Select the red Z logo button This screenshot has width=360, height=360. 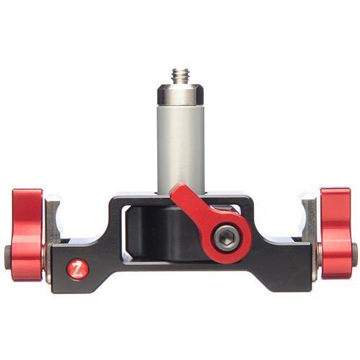pos(78,269)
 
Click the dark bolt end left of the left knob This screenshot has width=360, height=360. pos(6,256)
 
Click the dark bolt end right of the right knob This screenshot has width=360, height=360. pos(354,253)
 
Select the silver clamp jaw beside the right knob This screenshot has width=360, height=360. pos(310,220)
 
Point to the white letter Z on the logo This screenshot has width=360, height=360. pos(78,269)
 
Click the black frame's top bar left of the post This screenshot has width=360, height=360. pos(133,198)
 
